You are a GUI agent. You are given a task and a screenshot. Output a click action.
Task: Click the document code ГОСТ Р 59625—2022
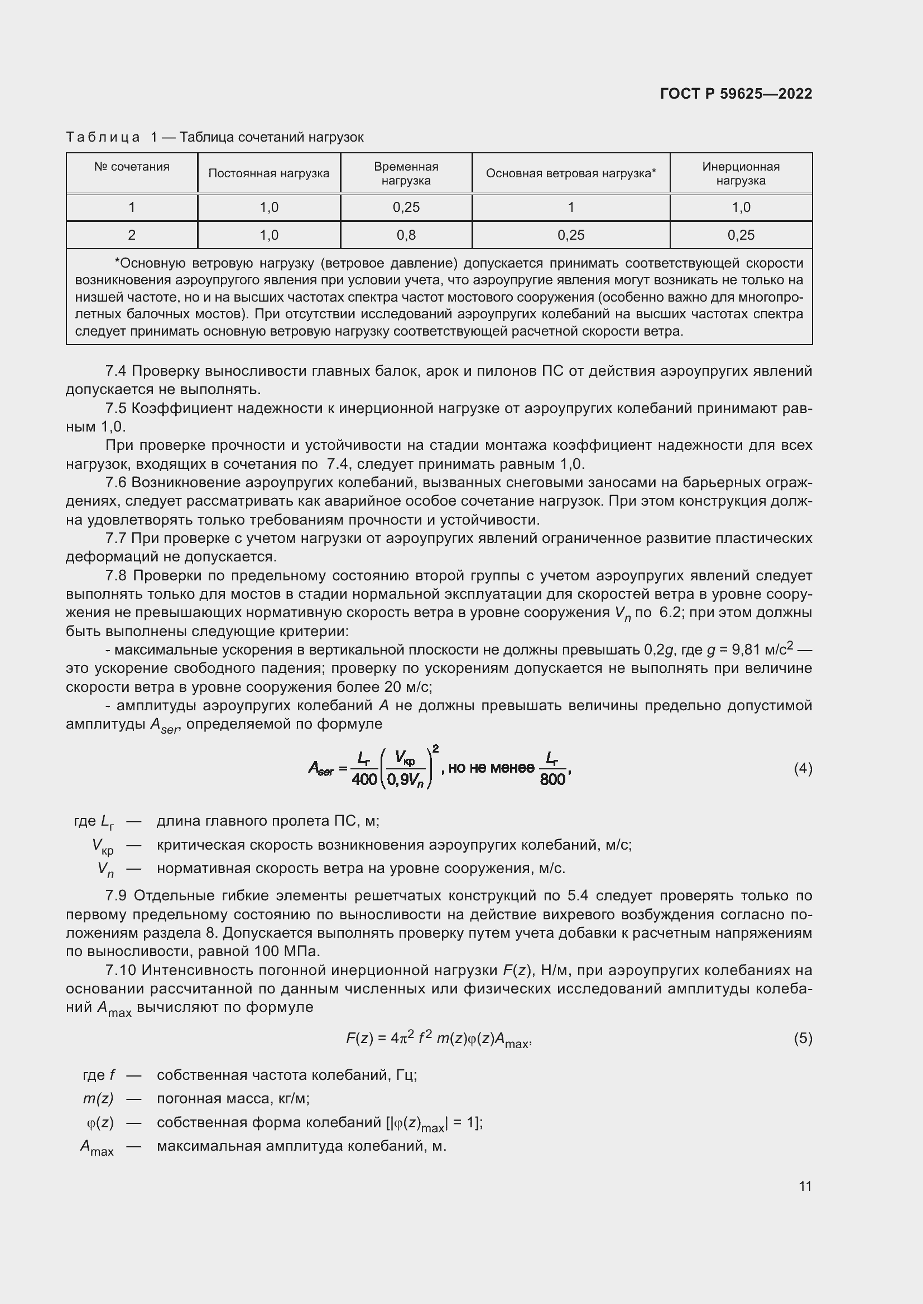click(735, 94)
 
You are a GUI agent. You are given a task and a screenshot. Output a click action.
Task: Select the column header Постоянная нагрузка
click(268, 173)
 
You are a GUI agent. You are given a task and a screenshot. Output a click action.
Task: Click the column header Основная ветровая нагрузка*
click(571, 173)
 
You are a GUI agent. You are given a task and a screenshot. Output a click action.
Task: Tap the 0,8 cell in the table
click(406, 235)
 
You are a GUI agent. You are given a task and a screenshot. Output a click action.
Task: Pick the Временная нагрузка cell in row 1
click(406, 207)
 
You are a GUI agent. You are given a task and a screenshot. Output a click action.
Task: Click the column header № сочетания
click(132, 167)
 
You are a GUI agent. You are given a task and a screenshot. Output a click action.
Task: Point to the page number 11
click(805, 1186)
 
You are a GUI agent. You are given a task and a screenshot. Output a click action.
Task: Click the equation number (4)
click(802, 769)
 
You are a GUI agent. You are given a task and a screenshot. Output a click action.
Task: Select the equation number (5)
click(802, 1038)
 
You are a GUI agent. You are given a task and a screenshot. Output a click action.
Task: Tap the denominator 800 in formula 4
click(552, 780)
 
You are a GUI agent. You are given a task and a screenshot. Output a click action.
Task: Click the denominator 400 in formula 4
click(364, 780)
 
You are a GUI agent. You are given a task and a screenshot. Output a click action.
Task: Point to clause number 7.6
click(117, 483)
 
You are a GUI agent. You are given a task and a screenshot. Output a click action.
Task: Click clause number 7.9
click(117, 896)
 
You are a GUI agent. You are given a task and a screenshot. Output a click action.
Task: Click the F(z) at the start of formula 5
click(359, 1039)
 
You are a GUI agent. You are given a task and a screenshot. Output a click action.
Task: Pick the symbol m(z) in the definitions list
click(98, 1099)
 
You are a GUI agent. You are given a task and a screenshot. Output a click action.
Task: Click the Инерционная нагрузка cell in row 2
click(741, 235)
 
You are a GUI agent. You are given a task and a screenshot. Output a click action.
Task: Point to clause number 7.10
click(120, 970)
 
